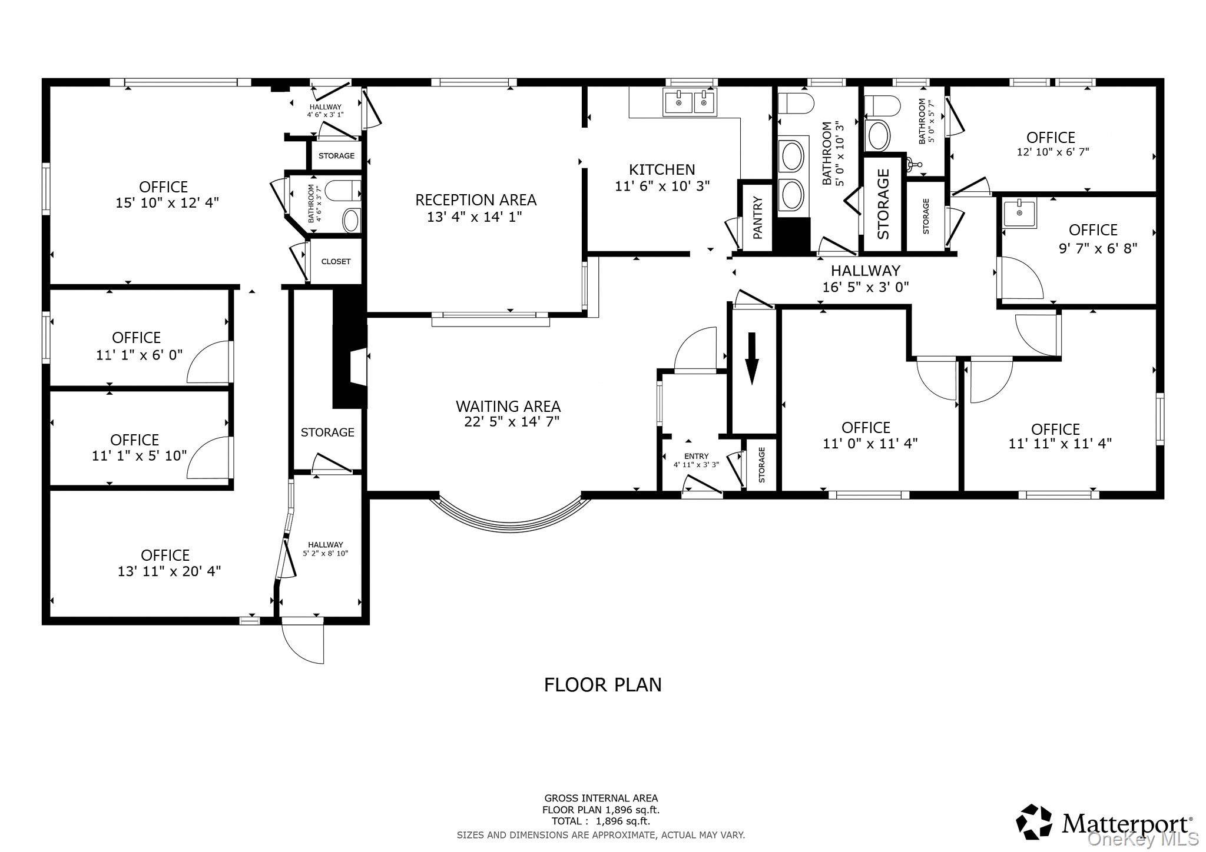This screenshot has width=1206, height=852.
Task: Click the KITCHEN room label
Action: pyautogui.click(x=662, y=169)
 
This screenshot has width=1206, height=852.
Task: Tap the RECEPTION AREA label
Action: pyautogui.click(x=476, y=200)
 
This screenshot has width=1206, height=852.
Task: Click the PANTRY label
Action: pyautogui.click(x=758, y=218)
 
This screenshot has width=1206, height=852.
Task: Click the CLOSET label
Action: pyautogui.click(x=336, y=262)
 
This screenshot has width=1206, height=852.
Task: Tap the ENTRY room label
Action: pyautogui.click(x=696, y=456)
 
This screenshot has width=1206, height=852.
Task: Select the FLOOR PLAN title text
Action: pyautogui.click(x=603, y=685)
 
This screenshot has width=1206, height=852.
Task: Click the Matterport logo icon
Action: pyautogui.click(x=1035, y=822)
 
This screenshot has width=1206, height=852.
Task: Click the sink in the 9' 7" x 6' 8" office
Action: pyautogui.click(x=1019, y=213)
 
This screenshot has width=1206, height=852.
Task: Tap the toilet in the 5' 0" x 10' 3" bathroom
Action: pyautogui.click(x=796, y=104)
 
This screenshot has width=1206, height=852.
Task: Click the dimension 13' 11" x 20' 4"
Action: pyautogui.click(x=169, y=571)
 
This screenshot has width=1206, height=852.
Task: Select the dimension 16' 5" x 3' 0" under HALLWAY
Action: pyautogui.click(x=866, y=287)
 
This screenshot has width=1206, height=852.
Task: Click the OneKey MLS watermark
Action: pyautogui.click(x=1142, y=838)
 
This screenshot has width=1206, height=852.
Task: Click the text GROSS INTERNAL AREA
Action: pyautogui.click(x=601, y=798)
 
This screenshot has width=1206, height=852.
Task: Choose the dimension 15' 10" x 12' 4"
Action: pyautogui.click(x=167, y=203)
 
